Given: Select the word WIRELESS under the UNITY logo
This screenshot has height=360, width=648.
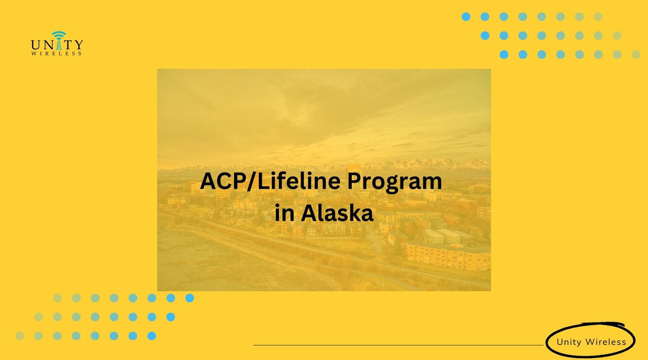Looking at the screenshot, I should [57, 54].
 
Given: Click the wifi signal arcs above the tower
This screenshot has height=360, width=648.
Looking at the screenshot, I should [57, 34].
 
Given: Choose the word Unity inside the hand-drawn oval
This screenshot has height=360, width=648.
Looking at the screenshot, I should [569, 342].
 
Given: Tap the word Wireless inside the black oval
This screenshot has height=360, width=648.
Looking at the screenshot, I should [606, 342].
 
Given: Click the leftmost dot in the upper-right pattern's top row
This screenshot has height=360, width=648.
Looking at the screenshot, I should [466, 17].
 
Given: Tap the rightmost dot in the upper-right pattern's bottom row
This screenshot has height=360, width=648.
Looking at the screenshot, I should [636, 54].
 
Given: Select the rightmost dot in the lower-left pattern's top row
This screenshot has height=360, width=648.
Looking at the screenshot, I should [190, 298].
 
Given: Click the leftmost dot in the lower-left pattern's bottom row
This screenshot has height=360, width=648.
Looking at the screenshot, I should [19, 335].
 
